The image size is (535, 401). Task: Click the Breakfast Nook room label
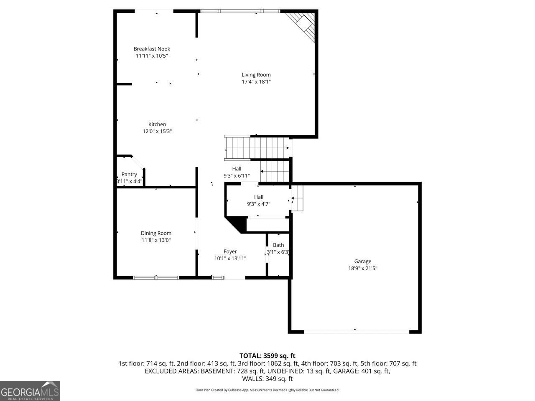point(152,49)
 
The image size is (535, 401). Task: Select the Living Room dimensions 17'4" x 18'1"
point(256,82)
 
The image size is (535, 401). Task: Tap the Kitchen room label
point(157,124)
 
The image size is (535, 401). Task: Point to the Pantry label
point(129,175)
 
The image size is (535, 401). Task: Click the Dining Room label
point(156,233)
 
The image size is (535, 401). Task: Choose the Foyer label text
point(230,251)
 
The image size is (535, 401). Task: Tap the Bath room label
point(278,245)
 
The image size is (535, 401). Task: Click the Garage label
point(362,261)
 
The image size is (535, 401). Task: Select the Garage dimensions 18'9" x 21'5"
point(362,269)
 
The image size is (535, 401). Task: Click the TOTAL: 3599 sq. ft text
point(267,356)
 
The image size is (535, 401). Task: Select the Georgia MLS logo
point(30,391)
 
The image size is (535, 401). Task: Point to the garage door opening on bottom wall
point(356,332)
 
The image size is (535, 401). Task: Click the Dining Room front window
point(156,277)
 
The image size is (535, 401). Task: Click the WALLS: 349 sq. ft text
point(267,379)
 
